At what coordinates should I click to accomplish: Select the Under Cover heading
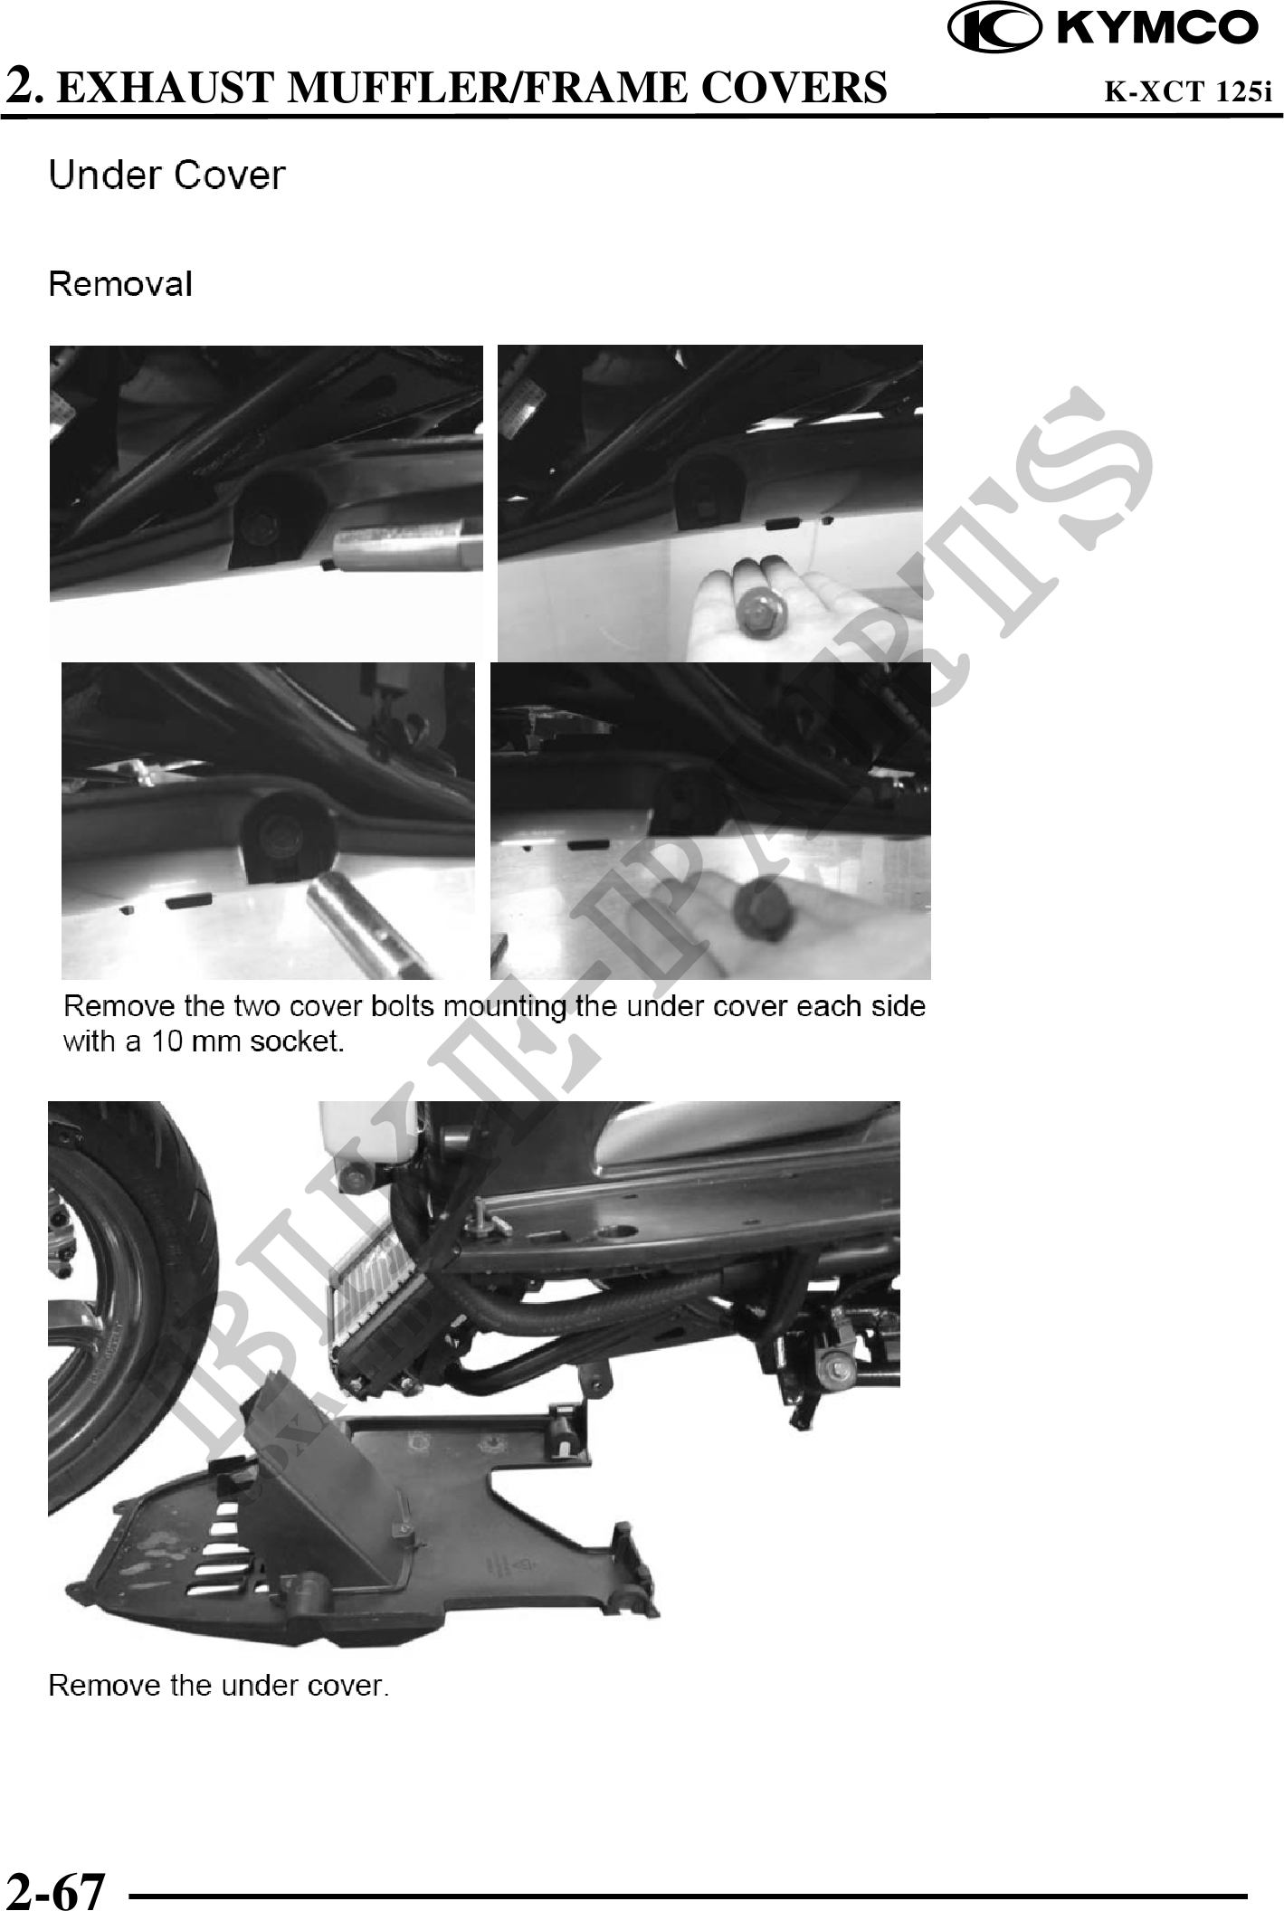[167, 175]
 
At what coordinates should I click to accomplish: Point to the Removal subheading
[120, 284]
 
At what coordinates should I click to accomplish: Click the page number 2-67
[56, 1889]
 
